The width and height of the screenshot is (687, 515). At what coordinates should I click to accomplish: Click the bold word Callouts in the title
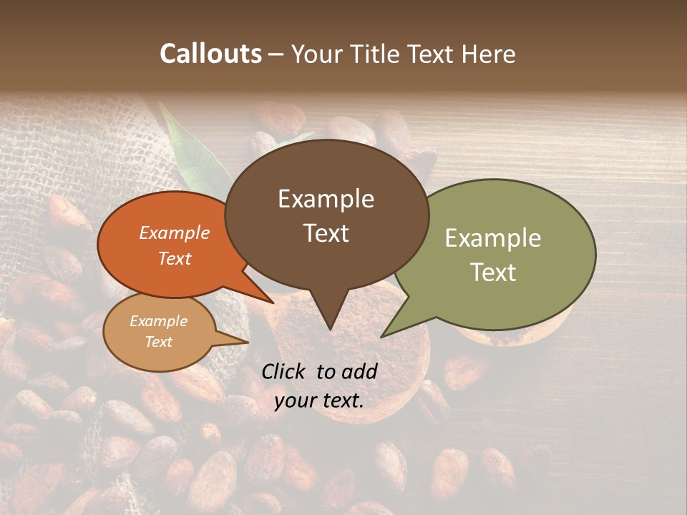[210, 54]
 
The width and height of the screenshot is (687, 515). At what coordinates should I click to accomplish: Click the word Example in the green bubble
[493, 237]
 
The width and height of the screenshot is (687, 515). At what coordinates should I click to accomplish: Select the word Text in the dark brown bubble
[326, 233]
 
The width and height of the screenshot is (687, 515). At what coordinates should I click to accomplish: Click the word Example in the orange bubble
[175, 232]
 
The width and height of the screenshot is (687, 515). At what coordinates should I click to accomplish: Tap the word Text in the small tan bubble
[158, 342]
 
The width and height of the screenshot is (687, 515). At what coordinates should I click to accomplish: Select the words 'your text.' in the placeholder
[319, 401]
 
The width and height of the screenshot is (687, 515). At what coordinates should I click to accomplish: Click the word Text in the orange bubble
[175, 258]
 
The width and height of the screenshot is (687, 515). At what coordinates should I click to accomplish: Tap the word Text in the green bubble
[493, 272]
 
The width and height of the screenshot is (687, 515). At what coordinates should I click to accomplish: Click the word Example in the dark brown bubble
[326, 199]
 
